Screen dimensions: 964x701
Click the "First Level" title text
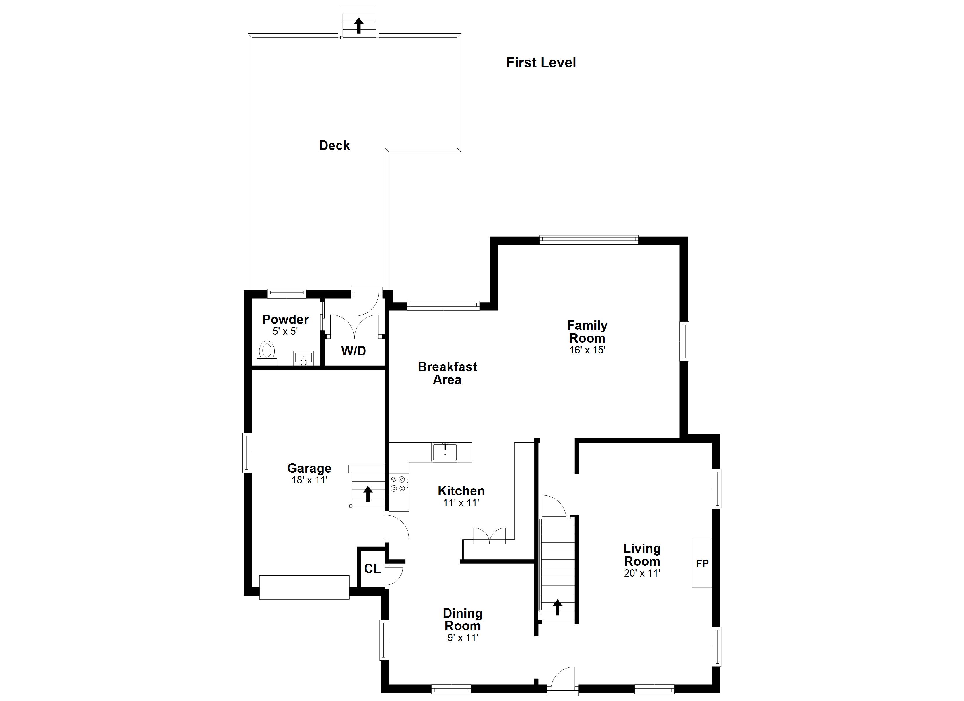541,63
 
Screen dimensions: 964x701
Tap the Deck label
334,145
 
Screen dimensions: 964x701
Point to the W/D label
354,351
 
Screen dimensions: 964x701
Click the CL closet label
372,568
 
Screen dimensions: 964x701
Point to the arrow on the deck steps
359,25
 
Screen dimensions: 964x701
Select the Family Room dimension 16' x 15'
587,350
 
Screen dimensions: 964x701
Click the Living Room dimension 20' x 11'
642,573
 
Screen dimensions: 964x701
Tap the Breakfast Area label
447,373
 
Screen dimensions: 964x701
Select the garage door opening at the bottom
304,587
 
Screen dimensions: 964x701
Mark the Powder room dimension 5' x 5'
285,331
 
